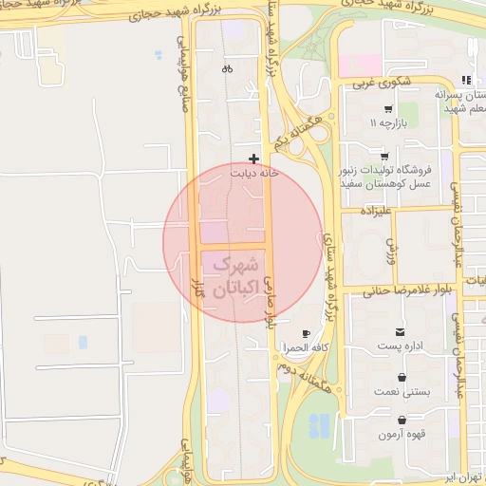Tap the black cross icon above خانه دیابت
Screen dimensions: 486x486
pyautogui.click(x=253, y=159)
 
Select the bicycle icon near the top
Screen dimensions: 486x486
pyautogui.click(x=227, y=68)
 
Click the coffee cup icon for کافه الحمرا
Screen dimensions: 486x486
pyautogui.click(x=306, y=334)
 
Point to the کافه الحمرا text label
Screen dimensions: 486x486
pyautogui.click(x=305, y=349)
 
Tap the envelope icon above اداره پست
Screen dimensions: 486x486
pyautogui.click(x=402, y=332)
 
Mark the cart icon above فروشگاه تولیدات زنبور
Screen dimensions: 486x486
pyautogui.click(x=383, y=157)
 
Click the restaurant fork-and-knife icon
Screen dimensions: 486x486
pyautogui.click(x=464, y=80)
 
